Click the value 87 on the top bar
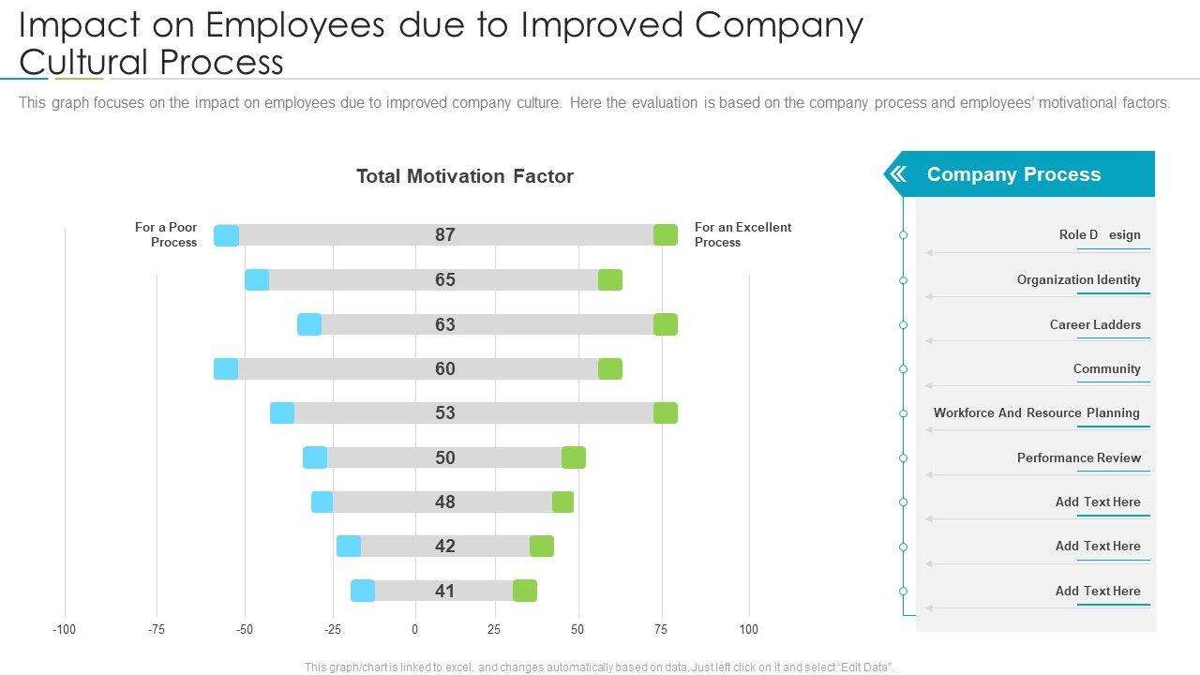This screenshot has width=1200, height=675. coord(444,235)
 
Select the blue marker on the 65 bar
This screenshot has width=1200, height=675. coord(257,279)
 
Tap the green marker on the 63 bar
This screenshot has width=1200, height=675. coord(666,324)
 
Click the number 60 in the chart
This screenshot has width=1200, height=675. coord(444,368)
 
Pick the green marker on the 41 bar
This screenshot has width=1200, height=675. coord(525,591)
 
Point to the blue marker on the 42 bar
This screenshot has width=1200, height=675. coord(349,547)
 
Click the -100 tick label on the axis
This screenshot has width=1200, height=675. coord(64,629)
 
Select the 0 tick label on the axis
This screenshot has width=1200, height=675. coord(414,629)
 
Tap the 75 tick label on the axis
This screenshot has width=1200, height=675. coord(662,629)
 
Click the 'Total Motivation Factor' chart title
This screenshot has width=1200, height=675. coord(464,176)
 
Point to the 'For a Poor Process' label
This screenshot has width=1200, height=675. coord(166,234)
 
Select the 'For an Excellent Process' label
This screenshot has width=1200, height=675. coord(742,234)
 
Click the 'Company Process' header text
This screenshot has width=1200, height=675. coord(1013,174)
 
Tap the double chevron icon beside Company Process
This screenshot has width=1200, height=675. coord(897,174)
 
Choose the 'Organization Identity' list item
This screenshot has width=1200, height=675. coord(1078,279)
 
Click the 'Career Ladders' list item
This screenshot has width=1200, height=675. coord(1095,324)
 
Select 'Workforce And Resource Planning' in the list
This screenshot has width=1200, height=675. coord(1036,412)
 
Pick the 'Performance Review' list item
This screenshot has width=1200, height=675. coord(1078,457)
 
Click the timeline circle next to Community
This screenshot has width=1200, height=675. coord(904,369)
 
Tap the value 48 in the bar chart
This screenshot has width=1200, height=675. coord(444,502)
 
